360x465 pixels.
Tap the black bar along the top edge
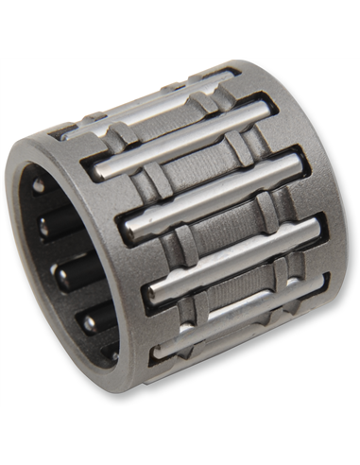[180, 28]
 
